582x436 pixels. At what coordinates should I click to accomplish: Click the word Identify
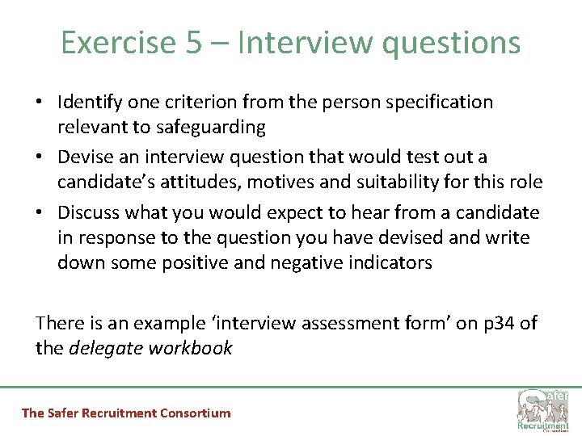click(x=89, y=103)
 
